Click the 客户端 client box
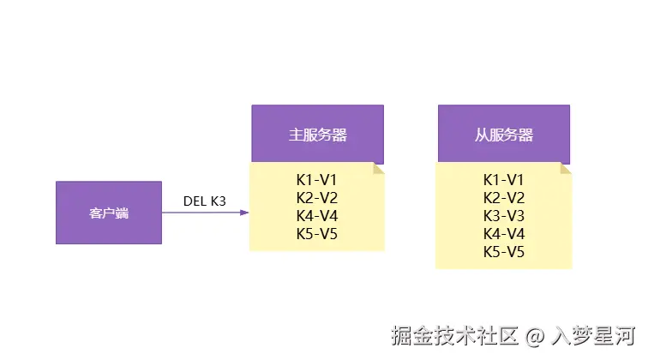[x=108, y=213]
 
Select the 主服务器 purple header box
[x=317, y=135]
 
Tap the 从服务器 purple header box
[x=503, y=135]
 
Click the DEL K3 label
[x=205, y=201]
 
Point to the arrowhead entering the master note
[x=244, y=213]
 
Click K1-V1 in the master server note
[x=317, y=180]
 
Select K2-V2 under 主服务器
[x=317, y=198]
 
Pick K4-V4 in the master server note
[x=317, y=216]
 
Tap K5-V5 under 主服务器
[x=317, y=234]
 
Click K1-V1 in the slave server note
[x=503, y=180]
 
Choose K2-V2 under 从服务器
[x=503, y=198]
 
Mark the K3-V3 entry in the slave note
[x=503, y=216]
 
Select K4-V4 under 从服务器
[x=503, y=234]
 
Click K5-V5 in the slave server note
[x=503, y=252]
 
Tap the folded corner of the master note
[x=379, y=169]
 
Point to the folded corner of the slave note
[x=565, y=169]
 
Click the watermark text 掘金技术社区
[x=454, y=335]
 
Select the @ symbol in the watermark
[x=536, y=335]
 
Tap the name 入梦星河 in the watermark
[x=593, y=335]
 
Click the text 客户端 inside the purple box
[x=108, y=213]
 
